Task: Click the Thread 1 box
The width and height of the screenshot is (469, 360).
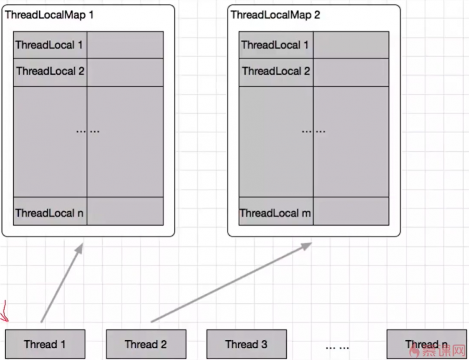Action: tap(45, 344)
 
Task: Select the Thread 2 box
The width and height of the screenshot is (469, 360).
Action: tap(146, 344)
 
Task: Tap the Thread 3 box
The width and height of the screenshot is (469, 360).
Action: tap(246, 344)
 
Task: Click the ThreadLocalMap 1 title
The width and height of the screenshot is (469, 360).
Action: tap(49, 15)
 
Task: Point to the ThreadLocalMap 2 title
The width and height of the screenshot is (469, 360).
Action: tap(275, 15)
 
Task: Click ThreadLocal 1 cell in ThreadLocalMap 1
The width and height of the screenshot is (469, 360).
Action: tap(50, 45)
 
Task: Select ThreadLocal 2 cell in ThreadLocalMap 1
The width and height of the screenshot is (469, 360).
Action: tap(50, 71)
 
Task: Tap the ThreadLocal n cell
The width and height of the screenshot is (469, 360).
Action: tap(50, 213)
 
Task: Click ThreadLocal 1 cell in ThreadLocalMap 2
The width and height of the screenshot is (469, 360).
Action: tap(276, 45)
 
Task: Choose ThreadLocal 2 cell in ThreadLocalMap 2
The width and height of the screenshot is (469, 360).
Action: tap(276, 71)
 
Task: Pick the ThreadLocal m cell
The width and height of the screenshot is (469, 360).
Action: tap(276, 213)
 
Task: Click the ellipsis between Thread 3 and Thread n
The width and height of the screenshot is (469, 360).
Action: tap(337, 347)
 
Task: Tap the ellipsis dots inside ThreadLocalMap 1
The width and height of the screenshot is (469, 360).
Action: tap(88, 131)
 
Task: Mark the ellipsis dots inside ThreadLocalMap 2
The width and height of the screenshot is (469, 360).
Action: tap(314, 131)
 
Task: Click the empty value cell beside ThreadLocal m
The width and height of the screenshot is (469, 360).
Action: tap(351, 211)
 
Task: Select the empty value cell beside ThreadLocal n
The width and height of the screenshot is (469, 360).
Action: tap(125, 211)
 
